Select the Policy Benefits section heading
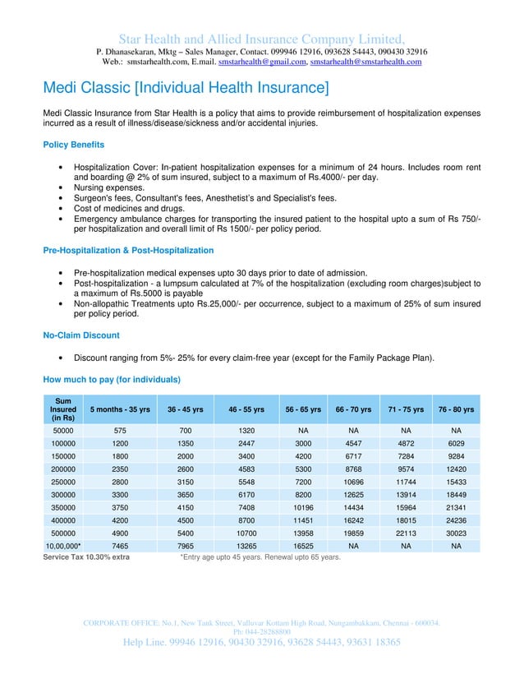pos(73,145)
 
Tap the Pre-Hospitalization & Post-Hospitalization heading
pos(128,250)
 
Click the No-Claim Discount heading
pos(80,335)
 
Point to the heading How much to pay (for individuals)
pos(112,379)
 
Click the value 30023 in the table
pos(457,532)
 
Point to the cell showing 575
pos(120,430)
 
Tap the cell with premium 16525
pos(301,545)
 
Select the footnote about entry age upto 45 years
pos(260,557)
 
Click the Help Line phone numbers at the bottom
pos(261,642)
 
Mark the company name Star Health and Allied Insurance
pos(261,39)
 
